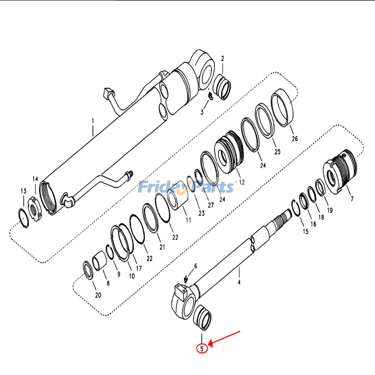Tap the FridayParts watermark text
tap(187, 187)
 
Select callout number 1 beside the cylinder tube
tap(93, 120)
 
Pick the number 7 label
tap(352, 199)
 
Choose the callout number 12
tap(242, 182)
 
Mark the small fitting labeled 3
tap(210, 97)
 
